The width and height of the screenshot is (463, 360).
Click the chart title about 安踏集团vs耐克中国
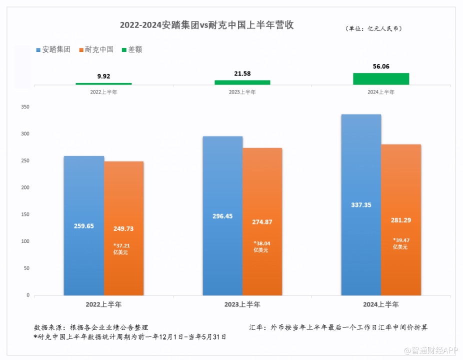(x=206, y=25)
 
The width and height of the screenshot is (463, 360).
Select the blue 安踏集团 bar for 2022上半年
(x=84, y=225)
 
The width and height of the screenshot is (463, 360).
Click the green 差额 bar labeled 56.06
(x=381, y=78)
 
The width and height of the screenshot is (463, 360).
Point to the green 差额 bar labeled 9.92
(x=103, y=83)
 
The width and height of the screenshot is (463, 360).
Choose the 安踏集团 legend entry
(x=53, y=49)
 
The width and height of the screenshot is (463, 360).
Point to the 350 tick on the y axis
(x=25, y=107)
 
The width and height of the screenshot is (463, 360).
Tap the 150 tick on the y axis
(x=25, y=214)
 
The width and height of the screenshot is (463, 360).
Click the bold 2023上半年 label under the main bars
(x=242, y=304)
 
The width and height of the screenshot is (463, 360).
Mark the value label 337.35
(x=361, y=205)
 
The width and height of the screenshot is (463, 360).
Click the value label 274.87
(x=262, y=222)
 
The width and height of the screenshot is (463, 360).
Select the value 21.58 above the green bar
(x=242, y=73)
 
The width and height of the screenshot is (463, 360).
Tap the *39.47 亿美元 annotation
(x=400, y=243)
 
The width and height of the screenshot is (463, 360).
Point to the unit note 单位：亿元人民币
(x=373, y=28)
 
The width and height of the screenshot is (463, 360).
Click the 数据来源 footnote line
(x=91, y=327)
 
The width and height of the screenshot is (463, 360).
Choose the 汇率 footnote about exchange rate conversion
(x=338, y=327)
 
